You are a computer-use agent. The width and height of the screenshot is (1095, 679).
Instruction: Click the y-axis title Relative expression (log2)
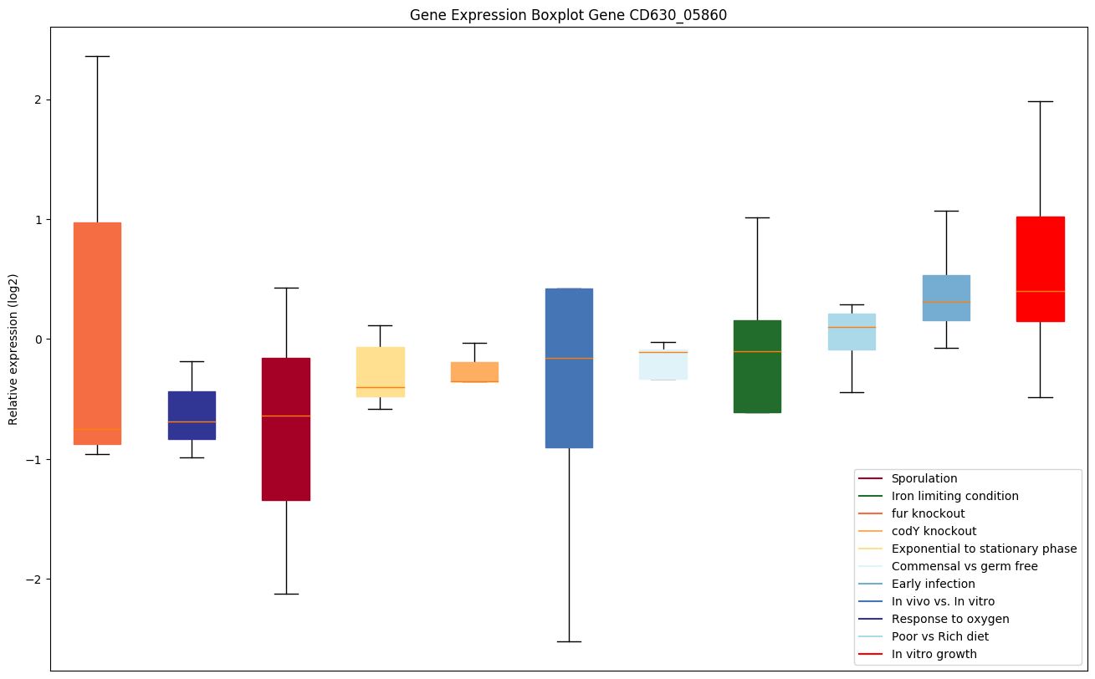click(13, 349)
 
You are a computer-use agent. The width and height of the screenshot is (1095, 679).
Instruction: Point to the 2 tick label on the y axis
click(38, 100)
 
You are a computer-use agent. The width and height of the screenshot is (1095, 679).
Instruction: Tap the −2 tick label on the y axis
click(34, 579)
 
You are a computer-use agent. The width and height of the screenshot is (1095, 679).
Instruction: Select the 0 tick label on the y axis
click(38, 339)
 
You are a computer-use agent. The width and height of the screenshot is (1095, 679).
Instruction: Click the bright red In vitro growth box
click(1040, 268)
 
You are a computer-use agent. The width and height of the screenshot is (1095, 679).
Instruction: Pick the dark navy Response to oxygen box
click(192, 415)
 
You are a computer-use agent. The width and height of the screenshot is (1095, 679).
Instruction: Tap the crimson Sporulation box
click(286, 429)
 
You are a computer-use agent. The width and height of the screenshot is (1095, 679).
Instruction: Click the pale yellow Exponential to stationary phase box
click(381, 371)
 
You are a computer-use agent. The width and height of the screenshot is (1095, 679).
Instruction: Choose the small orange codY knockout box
click(474, 372)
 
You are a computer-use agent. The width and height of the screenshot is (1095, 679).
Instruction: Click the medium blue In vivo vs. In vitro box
click(569, 368)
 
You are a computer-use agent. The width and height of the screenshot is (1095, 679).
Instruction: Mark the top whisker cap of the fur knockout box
click(97, 56)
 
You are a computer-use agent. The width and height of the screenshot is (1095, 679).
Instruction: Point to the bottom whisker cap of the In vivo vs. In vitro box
click(569, 641)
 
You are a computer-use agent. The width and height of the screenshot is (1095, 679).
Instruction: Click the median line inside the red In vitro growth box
click(1040, 291)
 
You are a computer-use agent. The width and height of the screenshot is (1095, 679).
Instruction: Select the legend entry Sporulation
click(924, 478)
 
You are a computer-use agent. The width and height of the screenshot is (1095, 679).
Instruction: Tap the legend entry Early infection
click(933, 584)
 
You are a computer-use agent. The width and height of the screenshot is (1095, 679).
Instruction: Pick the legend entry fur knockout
click(928, 513)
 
